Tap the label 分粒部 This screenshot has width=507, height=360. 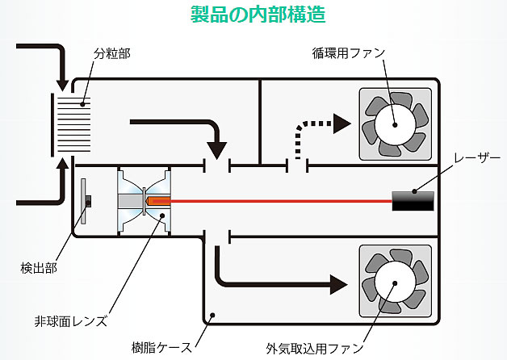coord(112,53)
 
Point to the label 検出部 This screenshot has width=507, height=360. coord(38,266)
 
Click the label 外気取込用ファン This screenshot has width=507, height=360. coord(315,349)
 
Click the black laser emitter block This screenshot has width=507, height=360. coord(414,199)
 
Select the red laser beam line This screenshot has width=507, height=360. coord(283,199)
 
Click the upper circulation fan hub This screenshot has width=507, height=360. coord(395,124)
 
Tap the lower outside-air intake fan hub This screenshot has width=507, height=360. coord(395,284)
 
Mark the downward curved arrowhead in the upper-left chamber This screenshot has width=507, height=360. coord(216,149)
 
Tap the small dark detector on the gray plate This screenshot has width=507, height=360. coord(89,199)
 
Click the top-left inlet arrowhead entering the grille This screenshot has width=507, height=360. coord(62,82)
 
